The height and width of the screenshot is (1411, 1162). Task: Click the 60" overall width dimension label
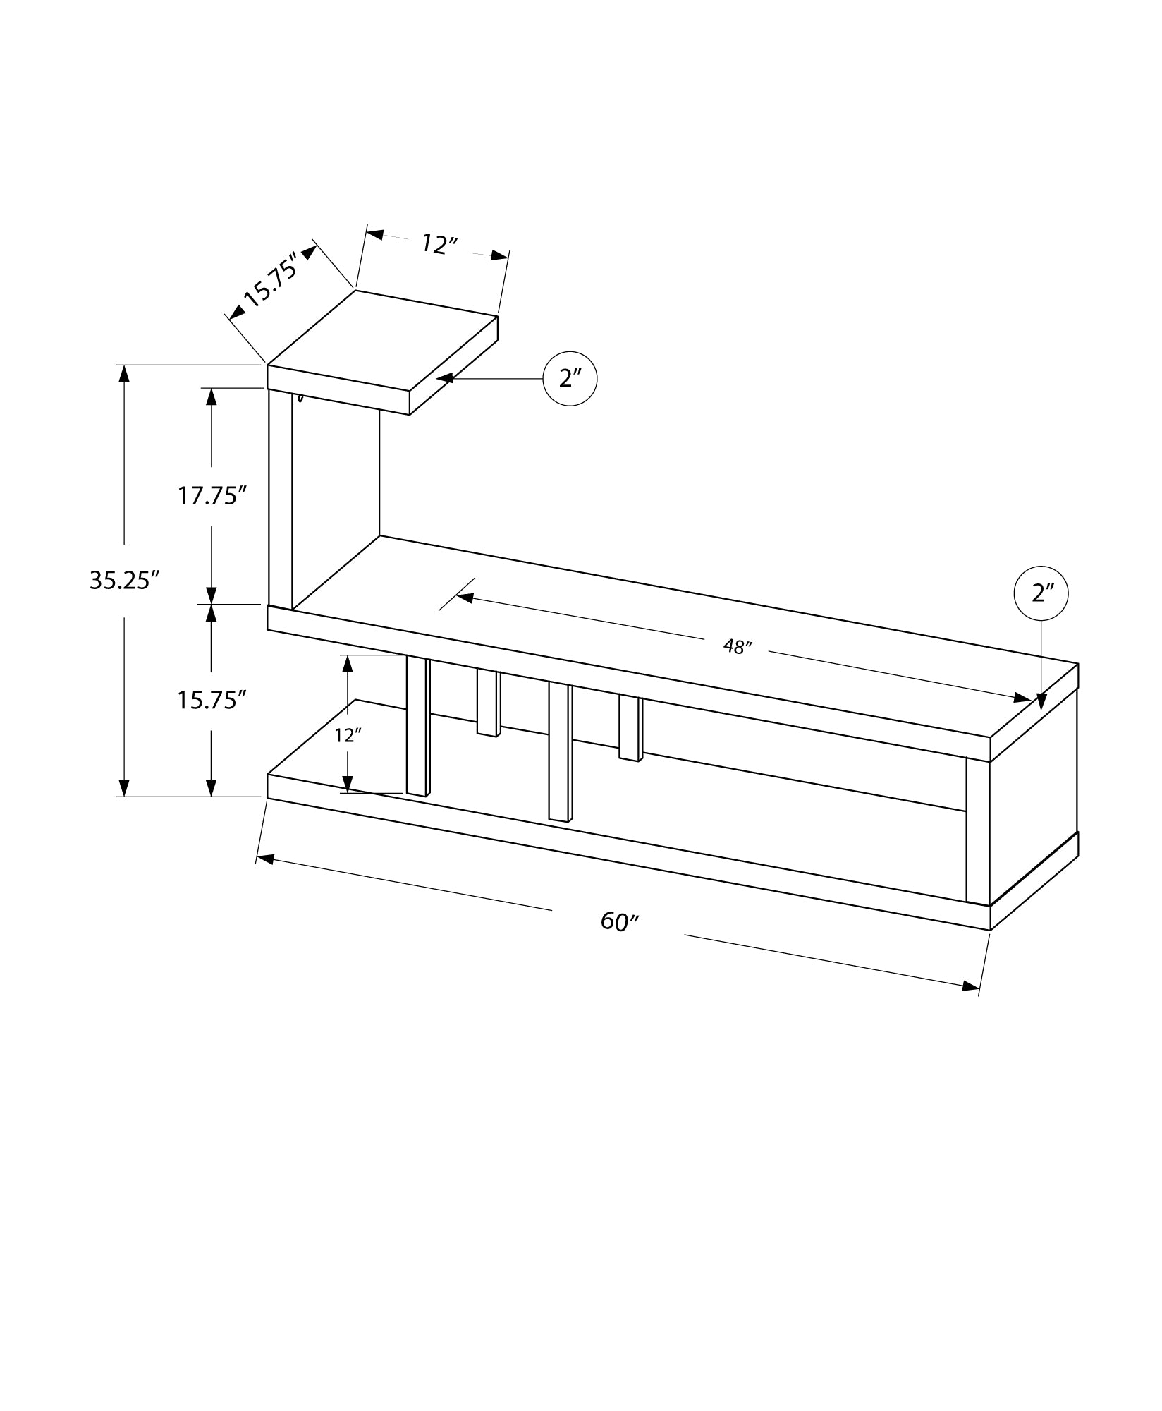(x=619, y=921)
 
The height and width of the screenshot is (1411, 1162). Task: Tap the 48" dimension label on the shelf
(x=738, y=646)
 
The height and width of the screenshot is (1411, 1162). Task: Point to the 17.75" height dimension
(x=211, y=496)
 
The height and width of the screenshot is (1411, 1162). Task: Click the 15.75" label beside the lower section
(x=211, y=700)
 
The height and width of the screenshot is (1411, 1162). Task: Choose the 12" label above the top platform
(x=440, y=244)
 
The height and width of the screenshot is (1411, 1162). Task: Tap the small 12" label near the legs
(x=348, y=736)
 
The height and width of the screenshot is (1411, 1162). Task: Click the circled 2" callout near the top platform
(x=570, y=379)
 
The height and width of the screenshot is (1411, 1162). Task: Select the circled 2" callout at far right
(x=1041, y=593)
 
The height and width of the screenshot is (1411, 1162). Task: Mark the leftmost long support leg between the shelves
(x=418, y=727)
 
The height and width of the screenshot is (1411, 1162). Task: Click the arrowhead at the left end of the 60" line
(x=265, y=859)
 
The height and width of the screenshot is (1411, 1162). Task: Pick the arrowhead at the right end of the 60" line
(x=971, y=986)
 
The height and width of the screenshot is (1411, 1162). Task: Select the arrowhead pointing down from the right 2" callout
(x=1041, y=702)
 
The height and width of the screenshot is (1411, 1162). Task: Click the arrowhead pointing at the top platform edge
(x=445, y=379)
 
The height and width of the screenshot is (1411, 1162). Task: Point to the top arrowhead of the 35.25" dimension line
(x=125, y=373)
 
